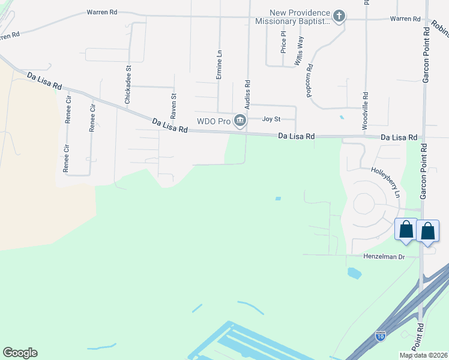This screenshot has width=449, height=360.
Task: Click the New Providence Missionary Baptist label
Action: click(x=292, y=17)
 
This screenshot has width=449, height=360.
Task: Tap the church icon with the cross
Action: click(x=339, y=16)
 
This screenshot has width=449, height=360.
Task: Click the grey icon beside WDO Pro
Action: click(x=240, y=121)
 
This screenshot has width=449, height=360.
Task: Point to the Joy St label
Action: click(x=272, y=119)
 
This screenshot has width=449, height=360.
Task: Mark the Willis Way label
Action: click(x=298, y=50)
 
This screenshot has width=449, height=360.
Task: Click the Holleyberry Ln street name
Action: click(x=385, y=182)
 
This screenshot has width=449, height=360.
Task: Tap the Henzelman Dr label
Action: click(x=385, y=257)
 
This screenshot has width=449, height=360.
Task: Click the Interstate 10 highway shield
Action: click(x=381, y=336)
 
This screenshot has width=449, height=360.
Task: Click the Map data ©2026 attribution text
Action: click(x=423, y=355)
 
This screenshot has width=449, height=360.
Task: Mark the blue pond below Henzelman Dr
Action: click(x=354, y=274)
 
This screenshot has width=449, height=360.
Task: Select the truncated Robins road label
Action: click(x=439, y=28)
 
